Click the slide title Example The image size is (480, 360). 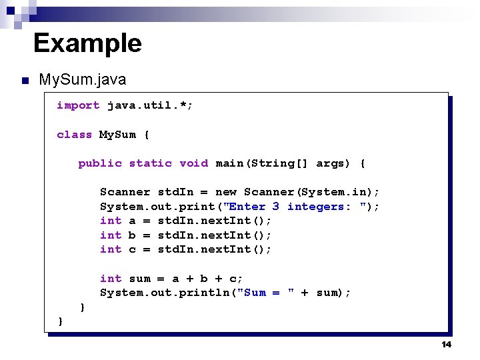point(87,43)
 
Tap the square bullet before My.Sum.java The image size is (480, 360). point(25,81)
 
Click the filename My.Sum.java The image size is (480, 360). point(82,80)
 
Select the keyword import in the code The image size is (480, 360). point(78,105)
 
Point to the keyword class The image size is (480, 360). point(75,135)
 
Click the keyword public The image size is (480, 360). point(100,163)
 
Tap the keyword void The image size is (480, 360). point(193,163)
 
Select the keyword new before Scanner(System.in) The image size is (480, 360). point(226,192)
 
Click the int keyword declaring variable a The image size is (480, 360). point(111,221)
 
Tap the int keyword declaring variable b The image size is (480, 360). point(111,235)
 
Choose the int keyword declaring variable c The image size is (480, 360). point(111,249)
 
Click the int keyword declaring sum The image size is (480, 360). point(111,279)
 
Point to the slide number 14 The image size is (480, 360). point(446,344)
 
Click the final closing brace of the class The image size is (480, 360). point(61,321)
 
